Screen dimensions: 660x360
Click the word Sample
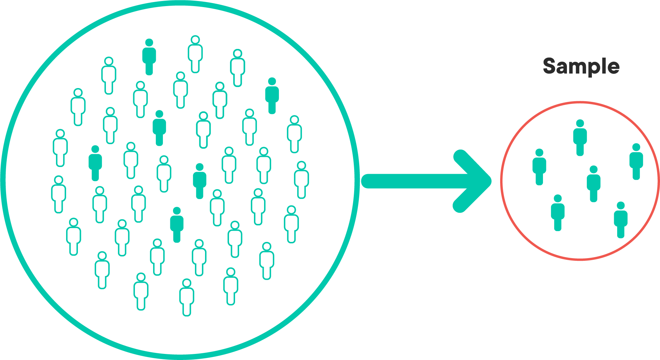(581, 66)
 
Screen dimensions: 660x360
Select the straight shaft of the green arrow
(411, 181)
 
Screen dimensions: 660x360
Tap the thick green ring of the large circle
(357, 180)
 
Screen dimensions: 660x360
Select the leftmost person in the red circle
(539, 167)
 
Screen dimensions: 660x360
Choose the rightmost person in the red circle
(636, 162)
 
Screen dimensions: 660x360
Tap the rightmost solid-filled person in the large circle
(272, 96)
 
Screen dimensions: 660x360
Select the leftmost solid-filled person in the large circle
(95, 163)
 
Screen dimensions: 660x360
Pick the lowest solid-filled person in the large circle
(177, 225)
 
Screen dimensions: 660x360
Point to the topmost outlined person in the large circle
(195, 54)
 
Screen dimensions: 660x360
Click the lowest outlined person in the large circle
(186, 297)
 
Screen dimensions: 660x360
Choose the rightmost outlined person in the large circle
(302, 180)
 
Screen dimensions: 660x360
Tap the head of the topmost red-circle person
(580, 123)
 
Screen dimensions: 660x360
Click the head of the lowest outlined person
(186, 283)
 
